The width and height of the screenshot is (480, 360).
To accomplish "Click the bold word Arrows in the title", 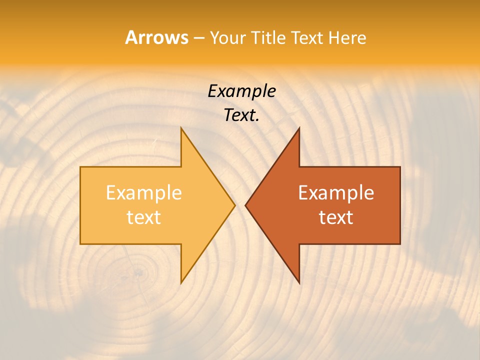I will tap(156, 37).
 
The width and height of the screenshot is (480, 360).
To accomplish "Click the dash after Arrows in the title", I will tap(198, 38).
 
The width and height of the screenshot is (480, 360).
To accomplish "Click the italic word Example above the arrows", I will tap(241, 91).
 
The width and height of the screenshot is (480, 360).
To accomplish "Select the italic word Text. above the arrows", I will tap(241, 115).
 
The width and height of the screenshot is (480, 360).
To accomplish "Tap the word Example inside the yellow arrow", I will tap(143, 193).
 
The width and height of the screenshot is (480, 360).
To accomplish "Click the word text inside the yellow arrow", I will tap(143, 217).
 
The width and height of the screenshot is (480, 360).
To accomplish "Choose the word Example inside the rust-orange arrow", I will tap(336, 193).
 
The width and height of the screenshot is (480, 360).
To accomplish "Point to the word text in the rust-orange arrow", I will tap(336, 217).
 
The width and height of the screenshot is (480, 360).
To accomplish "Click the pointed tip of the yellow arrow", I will tap(234, 205).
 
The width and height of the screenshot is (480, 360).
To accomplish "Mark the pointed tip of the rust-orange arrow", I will tap(245, 205).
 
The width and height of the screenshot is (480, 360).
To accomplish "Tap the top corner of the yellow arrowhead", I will tap(181, 128).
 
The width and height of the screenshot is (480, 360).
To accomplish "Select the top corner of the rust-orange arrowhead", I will tap(299, 128).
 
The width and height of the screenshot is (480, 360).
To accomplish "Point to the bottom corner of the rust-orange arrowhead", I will tap(299, 283).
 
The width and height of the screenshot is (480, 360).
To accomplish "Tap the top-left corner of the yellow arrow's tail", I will tap(80, 167).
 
